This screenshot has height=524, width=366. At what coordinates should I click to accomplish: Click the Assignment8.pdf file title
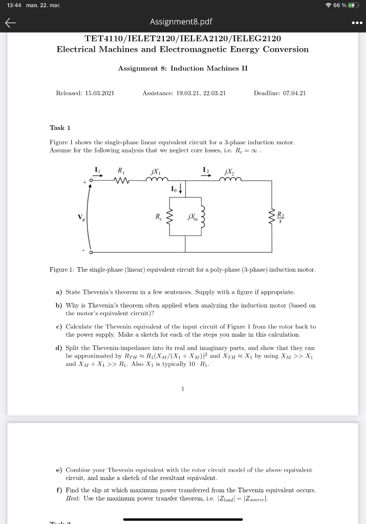point(181,22)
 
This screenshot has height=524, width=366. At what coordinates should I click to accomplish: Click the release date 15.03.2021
point(99,93)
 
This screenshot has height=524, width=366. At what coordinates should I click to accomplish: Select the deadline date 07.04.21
point(294,93)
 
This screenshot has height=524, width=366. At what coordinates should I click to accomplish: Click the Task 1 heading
point(60,127)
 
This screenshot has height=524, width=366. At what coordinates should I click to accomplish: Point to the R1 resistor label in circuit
point(120,170)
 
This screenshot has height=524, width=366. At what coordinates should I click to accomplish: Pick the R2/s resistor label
point(279,215)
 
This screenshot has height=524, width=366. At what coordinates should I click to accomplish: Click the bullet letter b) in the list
point(59,305)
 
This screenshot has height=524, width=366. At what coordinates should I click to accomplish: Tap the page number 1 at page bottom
point(182,389)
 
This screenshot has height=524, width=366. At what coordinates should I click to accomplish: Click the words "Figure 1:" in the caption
point(62,269)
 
